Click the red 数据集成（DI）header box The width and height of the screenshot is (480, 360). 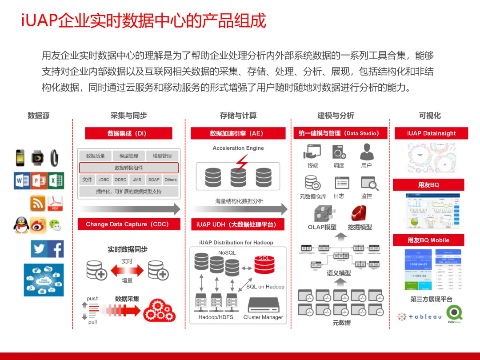pyautogui.click(x=128, y=133)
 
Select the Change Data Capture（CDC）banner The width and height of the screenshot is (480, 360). pyautogui.click(x=129, y=224)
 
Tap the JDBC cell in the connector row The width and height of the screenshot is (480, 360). pyautogui.click(x=104, y=180)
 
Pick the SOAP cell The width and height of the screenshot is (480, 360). pyautogui.click(x=154, y=180)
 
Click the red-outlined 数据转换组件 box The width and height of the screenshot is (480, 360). pyautogui.click(x=129, y=168)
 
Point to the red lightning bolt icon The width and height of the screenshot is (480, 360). pyautogui.click(x=241, y=163)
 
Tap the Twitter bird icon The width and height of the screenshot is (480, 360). pyautogui.click(x=39, y=249)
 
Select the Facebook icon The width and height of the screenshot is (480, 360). pyautogui.click(x=56, y=249)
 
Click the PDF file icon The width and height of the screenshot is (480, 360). pyautogui.click(x=55, y=203)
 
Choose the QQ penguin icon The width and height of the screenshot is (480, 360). pyautogui.click(x=20, y=225)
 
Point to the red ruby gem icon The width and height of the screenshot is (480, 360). pyautogui.click(x=358, y=213)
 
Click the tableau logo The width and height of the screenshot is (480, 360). pyautogui.click(x=420, y=316)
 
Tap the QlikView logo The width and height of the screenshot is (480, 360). pyautogui.click(x=456, y=314)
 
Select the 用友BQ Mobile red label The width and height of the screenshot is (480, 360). pyautogui.click(x=428, y=240)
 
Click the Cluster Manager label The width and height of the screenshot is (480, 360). pyautogui.click(x=263, y=317)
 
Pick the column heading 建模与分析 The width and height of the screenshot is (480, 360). pyautogui.click(x=336, y=116)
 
